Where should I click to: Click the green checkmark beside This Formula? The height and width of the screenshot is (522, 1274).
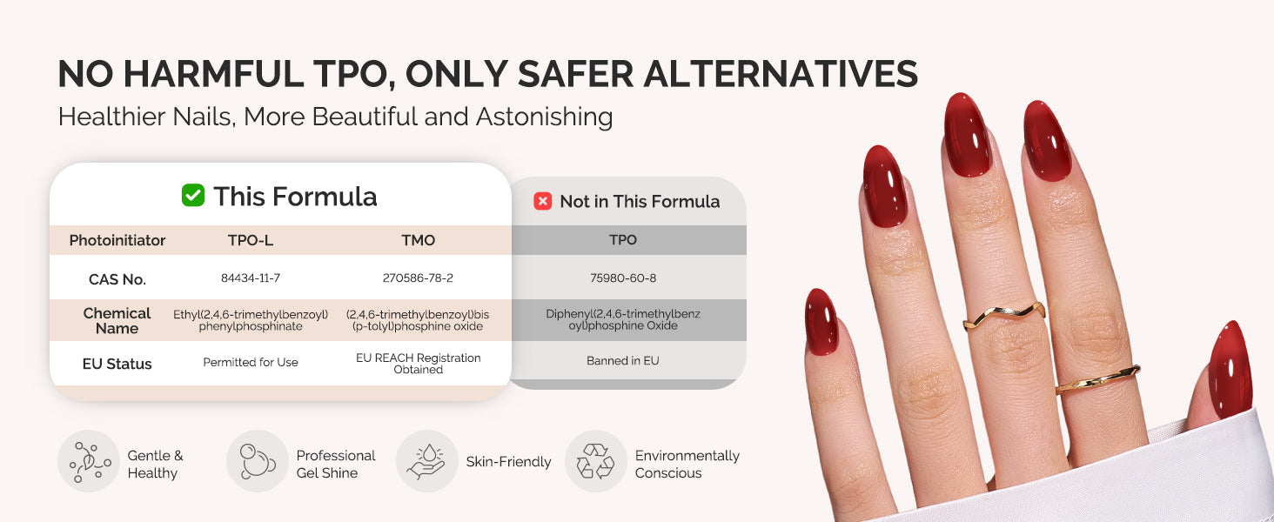(x=193, y=196)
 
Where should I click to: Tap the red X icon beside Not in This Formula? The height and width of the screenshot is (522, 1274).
(x=543, y=201)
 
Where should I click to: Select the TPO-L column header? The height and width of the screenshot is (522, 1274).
(x=251, y=240)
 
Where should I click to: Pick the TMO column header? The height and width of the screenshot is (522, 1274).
(x=418, y=240)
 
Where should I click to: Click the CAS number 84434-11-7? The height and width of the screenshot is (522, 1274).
(x=251, y=278)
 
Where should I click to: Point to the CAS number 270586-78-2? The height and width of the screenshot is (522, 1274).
(x=418, y=278)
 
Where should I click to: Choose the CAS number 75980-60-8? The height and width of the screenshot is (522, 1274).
(x=623, y=278)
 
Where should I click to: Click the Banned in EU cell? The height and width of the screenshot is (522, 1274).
(x=623, y=360)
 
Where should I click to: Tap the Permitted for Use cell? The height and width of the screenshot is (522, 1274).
(x=251, y=362)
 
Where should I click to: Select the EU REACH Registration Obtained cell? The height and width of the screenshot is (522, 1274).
(x=418, y=364)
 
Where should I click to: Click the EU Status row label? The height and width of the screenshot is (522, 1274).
(x=117, y=364)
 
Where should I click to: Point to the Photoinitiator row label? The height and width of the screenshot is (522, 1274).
(x=117, y=240)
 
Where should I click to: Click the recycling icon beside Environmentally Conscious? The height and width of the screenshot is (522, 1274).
(x=595, y=461)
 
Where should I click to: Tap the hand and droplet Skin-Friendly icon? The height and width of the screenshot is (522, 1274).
(x=426, y=461)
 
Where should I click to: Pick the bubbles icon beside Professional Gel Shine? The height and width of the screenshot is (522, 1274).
(x=257, y=461)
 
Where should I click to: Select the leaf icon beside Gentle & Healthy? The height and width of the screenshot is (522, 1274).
(x=89, y=461)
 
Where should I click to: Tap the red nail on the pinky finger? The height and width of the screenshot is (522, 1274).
(x=821, y=322)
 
